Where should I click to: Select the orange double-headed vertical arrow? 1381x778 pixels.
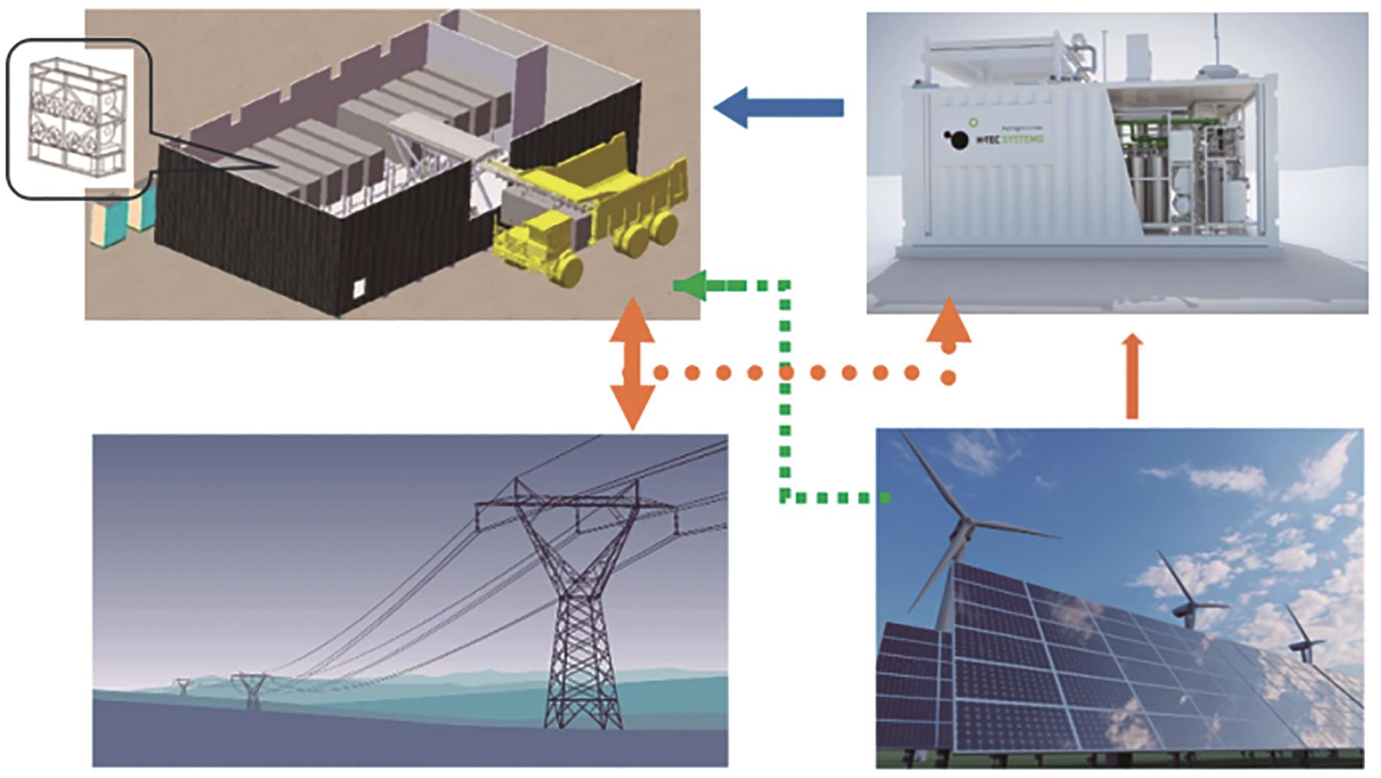coord(632,363)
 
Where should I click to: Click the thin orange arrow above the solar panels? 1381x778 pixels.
coord(1132,377)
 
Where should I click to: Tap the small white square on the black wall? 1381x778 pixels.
coord(359,288)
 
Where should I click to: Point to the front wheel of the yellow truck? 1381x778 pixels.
coord(566,271)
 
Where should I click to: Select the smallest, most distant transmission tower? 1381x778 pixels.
coord(182,686)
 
